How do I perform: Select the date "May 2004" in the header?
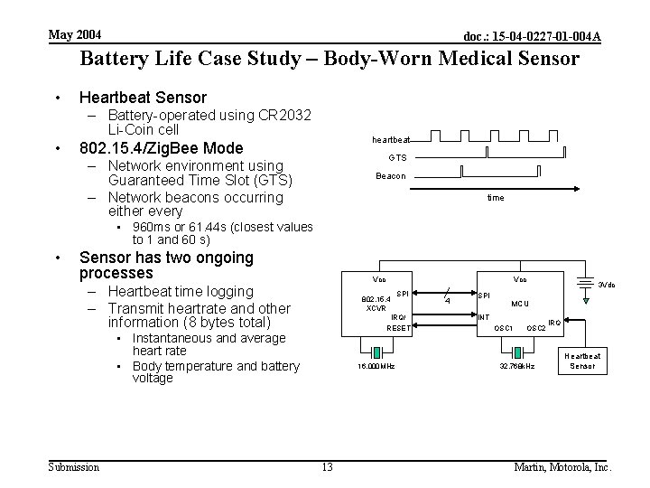pyautogui.click(x=75, y=35)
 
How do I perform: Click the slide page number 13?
pyautogui.click(x=326, y=467)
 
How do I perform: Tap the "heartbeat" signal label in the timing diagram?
pyautogui.click(x=390, y=140)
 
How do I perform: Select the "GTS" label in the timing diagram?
pyautogui.click(x=398, y=157)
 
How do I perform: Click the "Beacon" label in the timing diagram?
pyautogui.click(x=392, y=175)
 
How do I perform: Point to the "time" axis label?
pyautogui.click(x=496, y=197)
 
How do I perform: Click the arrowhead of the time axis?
pyautogui.click(x=575, y=189)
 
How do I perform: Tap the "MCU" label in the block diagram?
pyautogui.click(x=521, y=304)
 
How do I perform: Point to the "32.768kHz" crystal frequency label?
pyautogui.click(x=517, y=367)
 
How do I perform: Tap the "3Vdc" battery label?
pyautogui.click(x=606, y=285)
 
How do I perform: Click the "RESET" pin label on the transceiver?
pyautogui.click(x=397, y=328)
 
